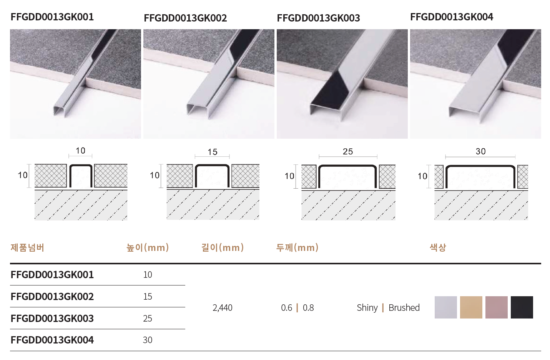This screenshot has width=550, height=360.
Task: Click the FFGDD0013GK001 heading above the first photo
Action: coord(52,17)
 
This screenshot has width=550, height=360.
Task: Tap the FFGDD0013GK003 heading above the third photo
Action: coord(319,18)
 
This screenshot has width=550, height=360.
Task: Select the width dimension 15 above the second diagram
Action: coord(213,152)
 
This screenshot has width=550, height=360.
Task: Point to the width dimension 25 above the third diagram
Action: coord(348,151)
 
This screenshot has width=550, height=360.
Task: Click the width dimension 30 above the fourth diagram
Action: coord(480,151)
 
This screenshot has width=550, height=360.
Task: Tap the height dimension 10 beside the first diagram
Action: coord(23,175)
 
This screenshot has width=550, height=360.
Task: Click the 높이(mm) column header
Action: coord(148,247)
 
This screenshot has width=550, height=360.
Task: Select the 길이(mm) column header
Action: coord(223,247)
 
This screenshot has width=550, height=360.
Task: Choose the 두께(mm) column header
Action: coord(297,247)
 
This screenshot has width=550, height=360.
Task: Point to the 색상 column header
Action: coord(438,247)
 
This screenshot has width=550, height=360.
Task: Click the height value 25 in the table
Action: coord(148,318)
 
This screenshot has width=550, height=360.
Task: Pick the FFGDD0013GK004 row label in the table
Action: coord(52,340)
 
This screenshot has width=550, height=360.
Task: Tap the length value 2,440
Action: coord(223,308)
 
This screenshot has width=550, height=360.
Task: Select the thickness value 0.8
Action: coord(308,307)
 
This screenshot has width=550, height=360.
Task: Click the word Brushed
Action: coord(404,307)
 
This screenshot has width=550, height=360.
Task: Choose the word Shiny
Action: coord(367,308)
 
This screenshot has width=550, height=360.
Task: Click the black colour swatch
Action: coord(522,307)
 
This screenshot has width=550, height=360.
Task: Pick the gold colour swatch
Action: coord(471,307)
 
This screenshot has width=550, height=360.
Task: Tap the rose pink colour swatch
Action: coord(497,307)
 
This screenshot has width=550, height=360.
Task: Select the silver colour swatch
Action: coord(446,307)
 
